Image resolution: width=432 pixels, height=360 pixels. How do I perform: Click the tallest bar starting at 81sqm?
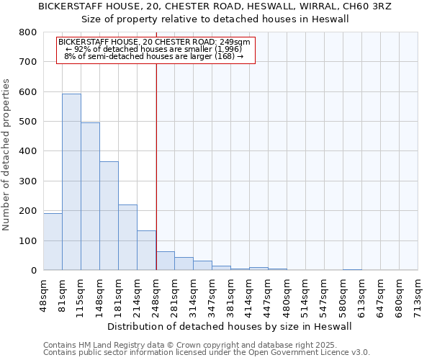(71, 181)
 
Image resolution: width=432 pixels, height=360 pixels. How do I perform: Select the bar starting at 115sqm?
(90, 196)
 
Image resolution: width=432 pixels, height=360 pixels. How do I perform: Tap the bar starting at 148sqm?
(109, 215)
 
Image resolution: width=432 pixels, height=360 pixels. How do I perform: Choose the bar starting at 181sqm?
(127, 237)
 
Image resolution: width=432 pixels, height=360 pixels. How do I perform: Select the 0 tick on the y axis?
(33, 271)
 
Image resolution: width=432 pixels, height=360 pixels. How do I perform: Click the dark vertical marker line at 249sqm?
(156, 144)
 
